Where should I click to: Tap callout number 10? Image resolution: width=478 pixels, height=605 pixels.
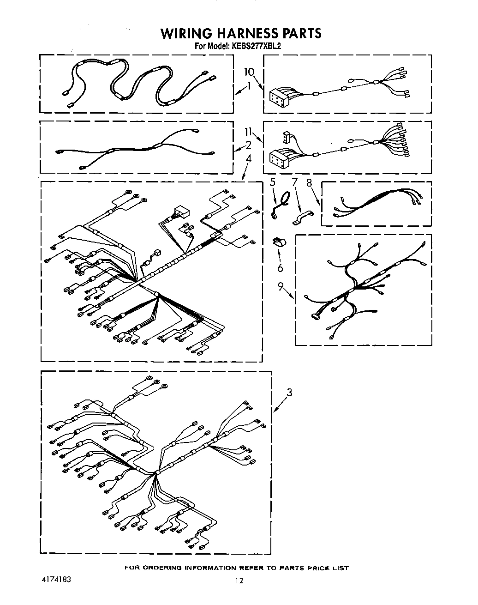tap(249, 72)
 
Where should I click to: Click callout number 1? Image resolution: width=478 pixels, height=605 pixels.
tap(249, 85)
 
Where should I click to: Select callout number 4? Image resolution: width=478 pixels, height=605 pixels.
tap(248, 158)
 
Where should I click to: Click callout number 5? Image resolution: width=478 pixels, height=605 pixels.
tap(273, 183)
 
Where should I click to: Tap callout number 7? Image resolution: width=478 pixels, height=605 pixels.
tap(295, 183)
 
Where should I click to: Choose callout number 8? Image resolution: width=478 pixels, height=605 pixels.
tap(309, 183)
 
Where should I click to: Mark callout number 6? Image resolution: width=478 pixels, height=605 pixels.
tap(280, 268)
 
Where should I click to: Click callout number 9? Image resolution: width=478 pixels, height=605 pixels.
tap(281, 286)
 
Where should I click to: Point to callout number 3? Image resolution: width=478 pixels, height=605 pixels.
tap(289, 393)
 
